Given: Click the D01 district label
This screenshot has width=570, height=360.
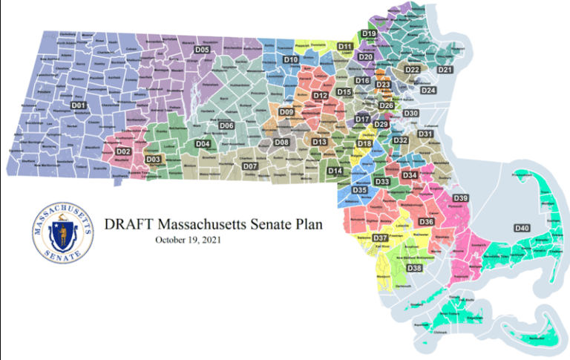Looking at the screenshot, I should pyautogui.click(x=79, y=105).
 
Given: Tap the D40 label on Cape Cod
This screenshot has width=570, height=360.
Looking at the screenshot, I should pyautogui.click(x=522, y=228).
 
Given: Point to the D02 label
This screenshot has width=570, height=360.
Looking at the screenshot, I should pyautogui.click(x=123, y=152).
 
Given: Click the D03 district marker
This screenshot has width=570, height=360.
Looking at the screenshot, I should pyautogui.click(x=153, y=159).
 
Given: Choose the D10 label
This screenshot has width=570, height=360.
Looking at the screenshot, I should pyautogui.click(x=291, y=59).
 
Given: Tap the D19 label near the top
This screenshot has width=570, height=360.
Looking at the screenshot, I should pyautogui.click(x=369, y=34).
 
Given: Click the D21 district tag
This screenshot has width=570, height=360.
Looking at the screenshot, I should pyautogui.click(x=445, y=70).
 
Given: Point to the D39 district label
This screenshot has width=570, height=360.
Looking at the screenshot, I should pyautogui.click(x=460, y=197).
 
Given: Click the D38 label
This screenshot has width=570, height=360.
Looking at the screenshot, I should pyautogui.click(x=414, y=267).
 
